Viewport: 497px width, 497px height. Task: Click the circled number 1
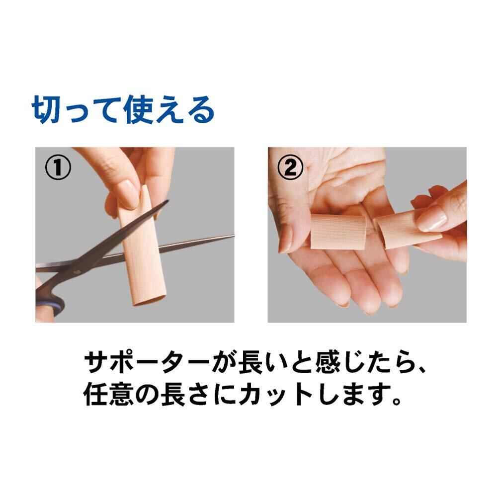tap(58, 167)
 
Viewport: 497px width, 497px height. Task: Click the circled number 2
tap(290, 167)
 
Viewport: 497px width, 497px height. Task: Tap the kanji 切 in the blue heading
tap(46, 110)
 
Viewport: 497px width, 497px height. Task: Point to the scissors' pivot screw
tap(77, 272)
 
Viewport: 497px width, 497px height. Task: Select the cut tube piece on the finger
tap(338, 232)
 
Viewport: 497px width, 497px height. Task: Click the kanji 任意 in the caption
tap(108, 394)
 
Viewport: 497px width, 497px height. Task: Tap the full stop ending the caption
tap(396, 400)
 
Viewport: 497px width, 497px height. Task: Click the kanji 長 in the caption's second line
tap(173, 394)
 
